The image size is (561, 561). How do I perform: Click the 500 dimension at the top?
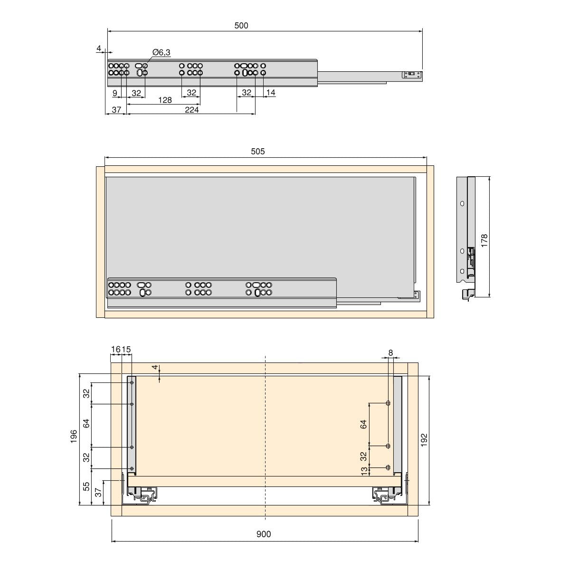241,26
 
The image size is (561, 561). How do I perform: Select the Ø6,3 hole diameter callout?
162,53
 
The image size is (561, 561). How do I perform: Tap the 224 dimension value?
191,110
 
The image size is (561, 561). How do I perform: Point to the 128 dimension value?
164,100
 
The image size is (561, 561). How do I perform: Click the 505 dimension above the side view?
257,152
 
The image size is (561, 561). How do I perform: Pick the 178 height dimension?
484,239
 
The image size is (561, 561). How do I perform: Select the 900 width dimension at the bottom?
263,534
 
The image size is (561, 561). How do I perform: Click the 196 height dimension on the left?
74,437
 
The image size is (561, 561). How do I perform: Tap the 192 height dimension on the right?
424,439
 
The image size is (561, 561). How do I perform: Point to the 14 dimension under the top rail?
270,93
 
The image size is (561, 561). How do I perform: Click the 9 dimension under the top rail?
115,93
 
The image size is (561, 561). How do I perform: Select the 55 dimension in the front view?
86,487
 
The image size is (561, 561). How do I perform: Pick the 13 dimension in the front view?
364,471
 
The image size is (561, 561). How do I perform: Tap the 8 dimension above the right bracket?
390,352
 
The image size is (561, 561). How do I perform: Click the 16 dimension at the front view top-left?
115,350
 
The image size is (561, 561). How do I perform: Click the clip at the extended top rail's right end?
412,75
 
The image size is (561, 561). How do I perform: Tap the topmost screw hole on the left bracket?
132,383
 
